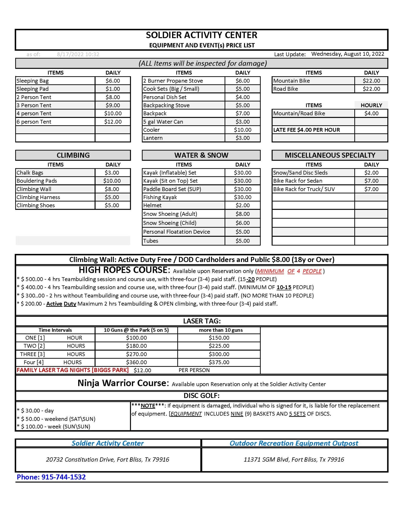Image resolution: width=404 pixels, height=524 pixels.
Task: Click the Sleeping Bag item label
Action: click(x=33, y=81)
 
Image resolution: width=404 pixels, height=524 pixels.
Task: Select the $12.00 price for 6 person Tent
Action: click(x=113, y=122)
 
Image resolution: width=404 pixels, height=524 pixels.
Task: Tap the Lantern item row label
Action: click(x=153, y=138)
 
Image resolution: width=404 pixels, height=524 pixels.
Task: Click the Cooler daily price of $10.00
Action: click(x=242, y=130)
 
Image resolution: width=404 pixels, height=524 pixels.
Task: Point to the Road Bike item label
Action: click(x=286, y=89)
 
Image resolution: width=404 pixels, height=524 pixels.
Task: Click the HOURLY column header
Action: click(x=371, y=105)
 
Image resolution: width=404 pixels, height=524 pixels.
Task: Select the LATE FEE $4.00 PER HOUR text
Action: click(x=306, y=130)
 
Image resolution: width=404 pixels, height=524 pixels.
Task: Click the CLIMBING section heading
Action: click(x=73, y=155)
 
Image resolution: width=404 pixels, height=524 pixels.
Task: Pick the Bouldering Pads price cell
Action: click(x=112, y=181)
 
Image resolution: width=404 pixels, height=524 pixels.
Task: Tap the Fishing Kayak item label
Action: click(x=160, y=197)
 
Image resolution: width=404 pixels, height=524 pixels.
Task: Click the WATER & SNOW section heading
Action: click(x=201, y=155)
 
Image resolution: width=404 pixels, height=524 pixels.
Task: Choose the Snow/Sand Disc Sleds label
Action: click(x=300, y=173)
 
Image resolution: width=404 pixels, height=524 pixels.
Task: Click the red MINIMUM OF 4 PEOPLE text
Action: click(x=289, y=271)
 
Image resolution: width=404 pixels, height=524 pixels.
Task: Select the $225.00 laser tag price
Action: click(x=219, y=346)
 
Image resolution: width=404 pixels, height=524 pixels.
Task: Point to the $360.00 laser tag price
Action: click(x=136, y=362)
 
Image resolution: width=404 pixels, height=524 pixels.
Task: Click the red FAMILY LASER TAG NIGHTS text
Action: click(x=73, y=370)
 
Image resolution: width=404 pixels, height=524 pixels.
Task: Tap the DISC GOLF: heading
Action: click(x=201, y=395)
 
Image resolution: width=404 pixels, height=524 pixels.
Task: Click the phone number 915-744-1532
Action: click(x=64, y=477)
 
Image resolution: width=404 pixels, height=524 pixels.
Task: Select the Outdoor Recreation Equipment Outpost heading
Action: click(x=294, y=443)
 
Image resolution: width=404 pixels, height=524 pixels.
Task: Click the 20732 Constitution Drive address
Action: click(x=107, y=459)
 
